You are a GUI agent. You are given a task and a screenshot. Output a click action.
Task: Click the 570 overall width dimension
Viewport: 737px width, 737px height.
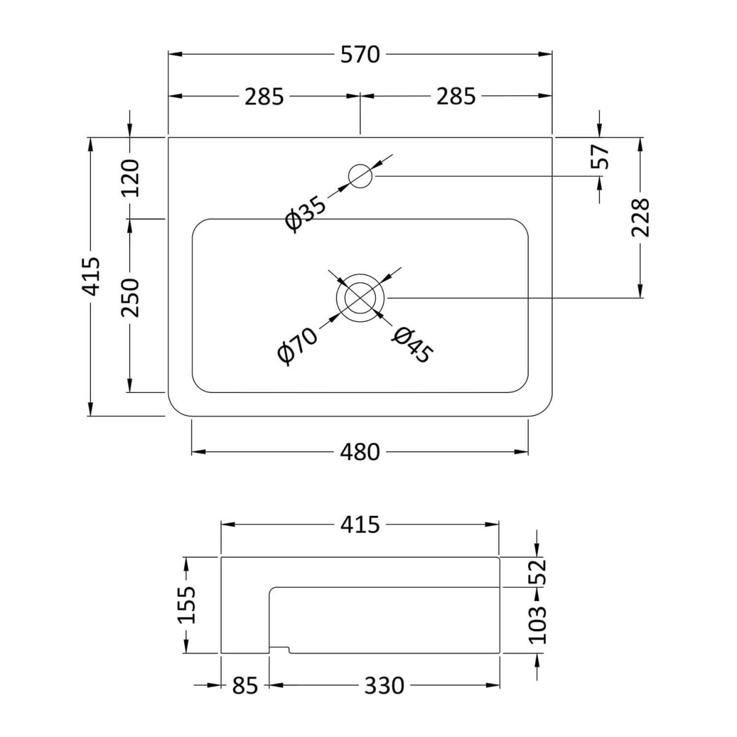pyautogui.click(x=361, y=55)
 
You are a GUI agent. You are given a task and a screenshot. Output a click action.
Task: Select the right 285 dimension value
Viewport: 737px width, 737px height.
pyautogui.click(x=456, y=96)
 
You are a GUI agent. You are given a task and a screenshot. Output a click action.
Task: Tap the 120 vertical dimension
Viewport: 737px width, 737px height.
pyautogui.click(x=130, y=177)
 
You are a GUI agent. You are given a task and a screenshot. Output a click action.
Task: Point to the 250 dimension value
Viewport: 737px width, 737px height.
pyautogui.click(x=130, y=297)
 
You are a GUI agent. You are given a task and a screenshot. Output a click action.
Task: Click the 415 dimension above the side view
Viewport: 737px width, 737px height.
pyautogui.click(x=361, y=524)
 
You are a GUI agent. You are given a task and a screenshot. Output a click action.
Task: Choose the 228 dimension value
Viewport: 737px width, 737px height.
pyautogui.click(x=641, y=217)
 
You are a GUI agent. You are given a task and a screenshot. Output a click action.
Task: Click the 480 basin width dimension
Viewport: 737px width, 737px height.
pyautogui.click(x=361, y=453)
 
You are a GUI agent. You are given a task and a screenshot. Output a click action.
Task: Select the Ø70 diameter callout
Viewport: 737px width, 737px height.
pyautogui.click(x=297, y=346)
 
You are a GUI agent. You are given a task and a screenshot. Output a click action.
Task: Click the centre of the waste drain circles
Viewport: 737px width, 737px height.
pyautogui.click(x=361, y=298)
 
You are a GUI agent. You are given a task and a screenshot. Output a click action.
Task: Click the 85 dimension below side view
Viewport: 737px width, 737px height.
pyautogui.click(x=245, y=685)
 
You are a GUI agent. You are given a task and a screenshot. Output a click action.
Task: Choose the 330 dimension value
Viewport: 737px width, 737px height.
pyautogui.click(x=384, y=685)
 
